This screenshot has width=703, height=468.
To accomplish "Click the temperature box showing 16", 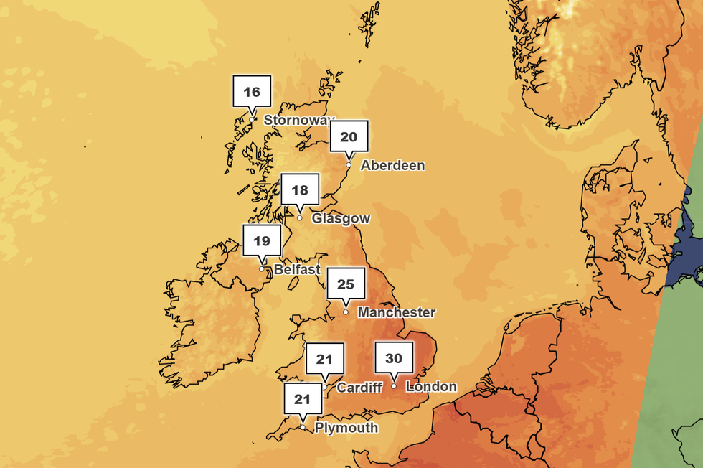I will click(252, 92).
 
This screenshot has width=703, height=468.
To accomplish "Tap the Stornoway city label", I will click(299, 120).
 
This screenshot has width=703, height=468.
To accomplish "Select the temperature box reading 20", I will click(349, 137).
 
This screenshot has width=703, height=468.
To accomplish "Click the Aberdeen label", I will click(392, 165).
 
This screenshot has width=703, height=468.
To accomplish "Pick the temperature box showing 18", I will click(300, 190).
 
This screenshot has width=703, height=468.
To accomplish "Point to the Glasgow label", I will click(341, 218).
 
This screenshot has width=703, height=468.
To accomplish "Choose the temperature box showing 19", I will click(262, 241).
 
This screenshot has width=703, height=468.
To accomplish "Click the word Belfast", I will click(297, 270).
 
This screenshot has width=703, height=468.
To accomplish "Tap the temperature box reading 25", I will click(346, 284).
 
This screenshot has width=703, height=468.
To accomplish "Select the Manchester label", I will click(397, 312).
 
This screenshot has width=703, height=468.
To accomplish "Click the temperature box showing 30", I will click(394, 358).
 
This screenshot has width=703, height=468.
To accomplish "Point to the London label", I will click(431, 387).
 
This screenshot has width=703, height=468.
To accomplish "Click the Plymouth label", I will click(346, 428).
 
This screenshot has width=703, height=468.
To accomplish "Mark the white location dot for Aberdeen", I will click(349, 164).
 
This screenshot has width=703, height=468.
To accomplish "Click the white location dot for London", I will click(394, 386).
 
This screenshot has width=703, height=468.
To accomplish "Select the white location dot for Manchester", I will click(346, 312).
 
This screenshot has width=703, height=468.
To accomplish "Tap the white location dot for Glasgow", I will click(300, 217).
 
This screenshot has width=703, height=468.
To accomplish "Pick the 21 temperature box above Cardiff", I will click(325, 360).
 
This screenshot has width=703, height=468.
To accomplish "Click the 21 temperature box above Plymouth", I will click(303, 400).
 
